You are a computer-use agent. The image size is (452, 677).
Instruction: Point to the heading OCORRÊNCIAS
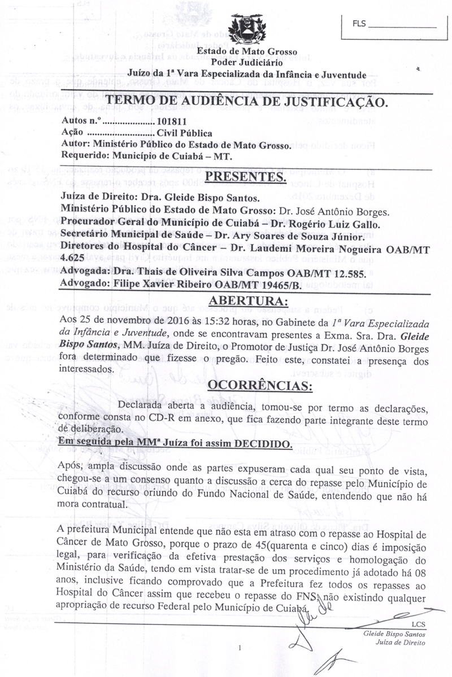point(260,386)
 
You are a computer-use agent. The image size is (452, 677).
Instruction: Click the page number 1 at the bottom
point(240,648)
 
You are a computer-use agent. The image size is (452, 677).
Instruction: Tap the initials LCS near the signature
point(419,624)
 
